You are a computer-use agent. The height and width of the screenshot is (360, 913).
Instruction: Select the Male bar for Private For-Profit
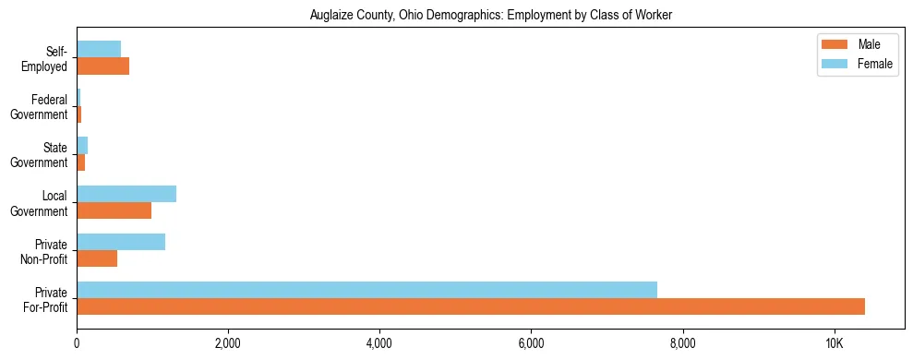(471, 306)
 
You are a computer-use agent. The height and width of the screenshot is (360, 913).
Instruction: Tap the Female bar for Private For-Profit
(366, 290)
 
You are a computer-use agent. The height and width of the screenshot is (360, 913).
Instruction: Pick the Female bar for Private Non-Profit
(121, 242)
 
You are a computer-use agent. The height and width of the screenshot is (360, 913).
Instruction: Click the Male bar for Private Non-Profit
(97, 258)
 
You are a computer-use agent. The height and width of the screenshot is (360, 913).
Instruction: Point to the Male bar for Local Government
(114, 210)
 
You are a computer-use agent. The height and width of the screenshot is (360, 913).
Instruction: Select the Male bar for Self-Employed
(102, 66)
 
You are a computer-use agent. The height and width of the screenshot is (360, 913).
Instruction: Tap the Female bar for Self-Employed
(99, 49)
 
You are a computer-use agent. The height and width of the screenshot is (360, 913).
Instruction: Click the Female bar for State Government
(82, 146)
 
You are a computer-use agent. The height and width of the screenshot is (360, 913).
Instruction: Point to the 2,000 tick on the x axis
(228, 342)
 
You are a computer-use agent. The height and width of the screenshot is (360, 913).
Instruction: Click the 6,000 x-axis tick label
(531, 342)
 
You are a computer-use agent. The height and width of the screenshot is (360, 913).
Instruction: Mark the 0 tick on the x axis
(77, 342)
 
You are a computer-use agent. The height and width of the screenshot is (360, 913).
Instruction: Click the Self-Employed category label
(49, 58)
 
